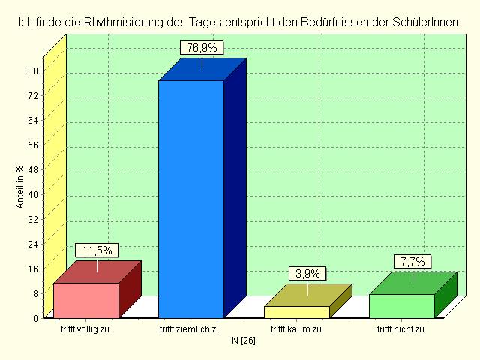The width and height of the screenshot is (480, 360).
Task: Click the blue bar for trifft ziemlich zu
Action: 190,199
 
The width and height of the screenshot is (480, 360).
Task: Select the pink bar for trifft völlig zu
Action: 86,300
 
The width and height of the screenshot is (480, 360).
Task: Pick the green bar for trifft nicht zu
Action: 402,305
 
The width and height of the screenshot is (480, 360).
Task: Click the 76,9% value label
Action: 202,48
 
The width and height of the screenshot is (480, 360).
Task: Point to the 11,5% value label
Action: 97,250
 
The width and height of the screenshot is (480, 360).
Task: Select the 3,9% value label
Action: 307,274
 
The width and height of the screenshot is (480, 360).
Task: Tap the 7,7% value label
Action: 413,262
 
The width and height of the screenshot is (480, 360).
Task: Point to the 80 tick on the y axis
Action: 33,70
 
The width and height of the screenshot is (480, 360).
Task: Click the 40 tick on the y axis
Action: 33,194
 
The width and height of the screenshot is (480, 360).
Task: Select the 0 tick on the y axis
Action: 35,317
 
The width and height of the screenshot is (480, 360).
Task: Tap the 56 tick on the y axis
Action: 33,145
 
